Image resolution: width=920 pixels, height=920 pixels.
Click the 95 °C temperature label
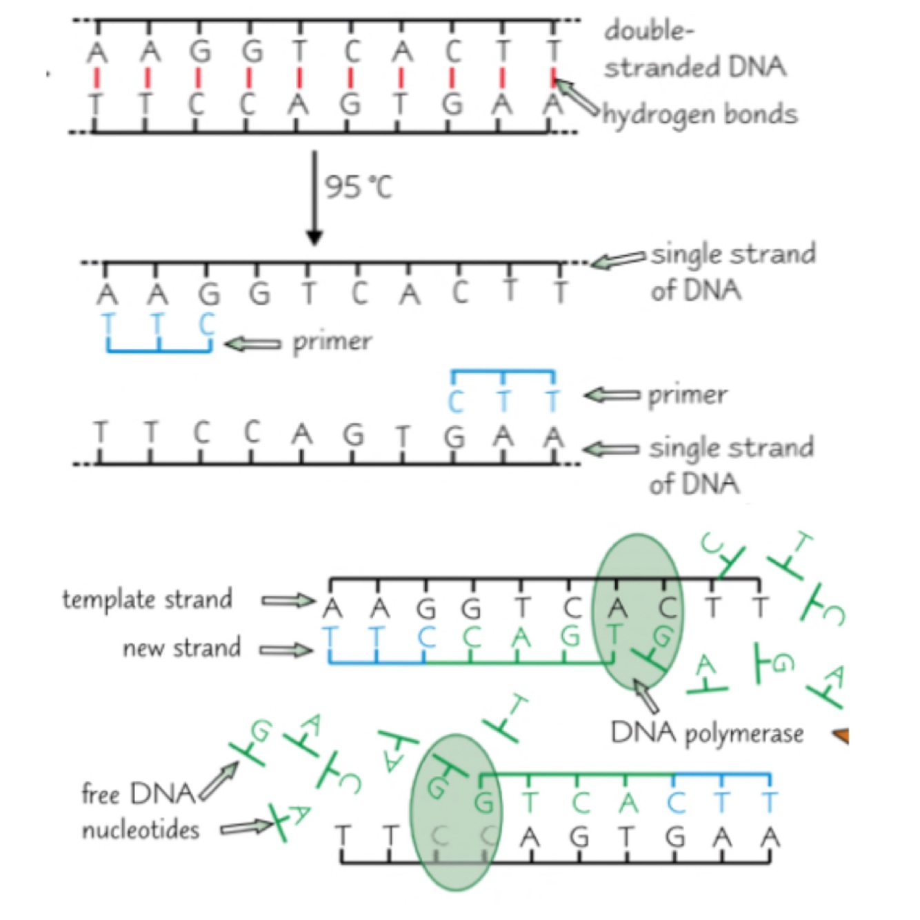click(x=358, y=186)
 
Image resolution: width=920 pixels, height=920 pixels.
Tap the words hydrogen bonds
click(x=701, y=114)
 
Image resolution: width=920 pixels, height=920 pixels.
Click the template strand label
click(x=147, y=599)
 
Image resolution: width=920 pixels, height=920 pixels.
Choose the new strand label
click(x=181, y=648)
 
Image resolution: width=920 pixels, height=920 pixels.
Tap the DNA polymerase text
click(x=707, y=732)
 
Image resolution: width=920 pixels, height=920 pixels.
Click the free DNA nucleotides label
click(x=140, y=812)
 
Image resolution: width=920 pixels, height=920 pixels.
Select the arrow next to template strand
click(x=288, y=601)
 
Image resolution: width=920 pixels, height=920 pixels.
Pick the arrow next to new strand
click(x=286, y=649)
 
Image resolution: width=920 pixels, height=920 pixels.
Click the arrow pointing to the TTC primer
click(x=252, y=343)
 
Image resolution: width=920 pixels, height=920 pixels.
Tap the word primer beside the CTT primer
click(x=687, y=394)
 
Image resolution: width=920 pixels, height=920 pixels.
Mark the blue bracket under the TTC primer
click(x=159, y=350)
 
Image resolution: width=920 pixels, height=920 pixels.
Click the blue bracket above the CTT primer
click(x=503, y=373)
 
